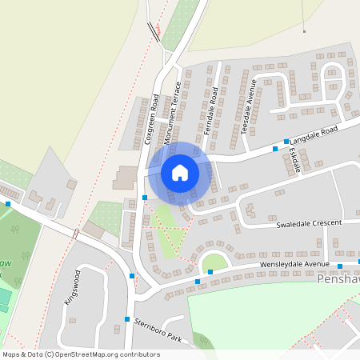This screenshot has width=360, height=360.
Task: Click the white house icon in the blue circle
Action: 180,172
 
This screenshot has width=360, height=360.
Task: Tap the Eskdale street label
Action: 294,160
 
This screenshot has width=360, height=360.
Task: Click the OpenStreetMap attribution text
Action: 80,354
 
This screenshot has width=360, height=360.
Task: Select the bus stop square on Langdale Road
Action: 286,141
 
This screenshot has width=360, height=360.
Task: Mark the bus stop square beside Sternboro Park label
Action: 127,319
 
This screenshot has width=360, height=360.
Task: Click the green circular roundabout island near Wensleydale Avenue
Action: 214,262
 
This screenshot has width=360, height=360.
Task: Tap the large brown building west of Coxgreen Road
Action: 125,177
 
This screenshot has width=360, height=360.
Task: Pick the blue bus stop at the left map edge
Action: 8,204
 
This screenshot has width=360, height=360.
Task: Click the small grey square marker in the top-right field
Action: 304,32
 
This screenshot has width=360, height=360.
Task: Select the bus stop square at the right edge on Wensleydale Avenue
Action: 340,266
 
